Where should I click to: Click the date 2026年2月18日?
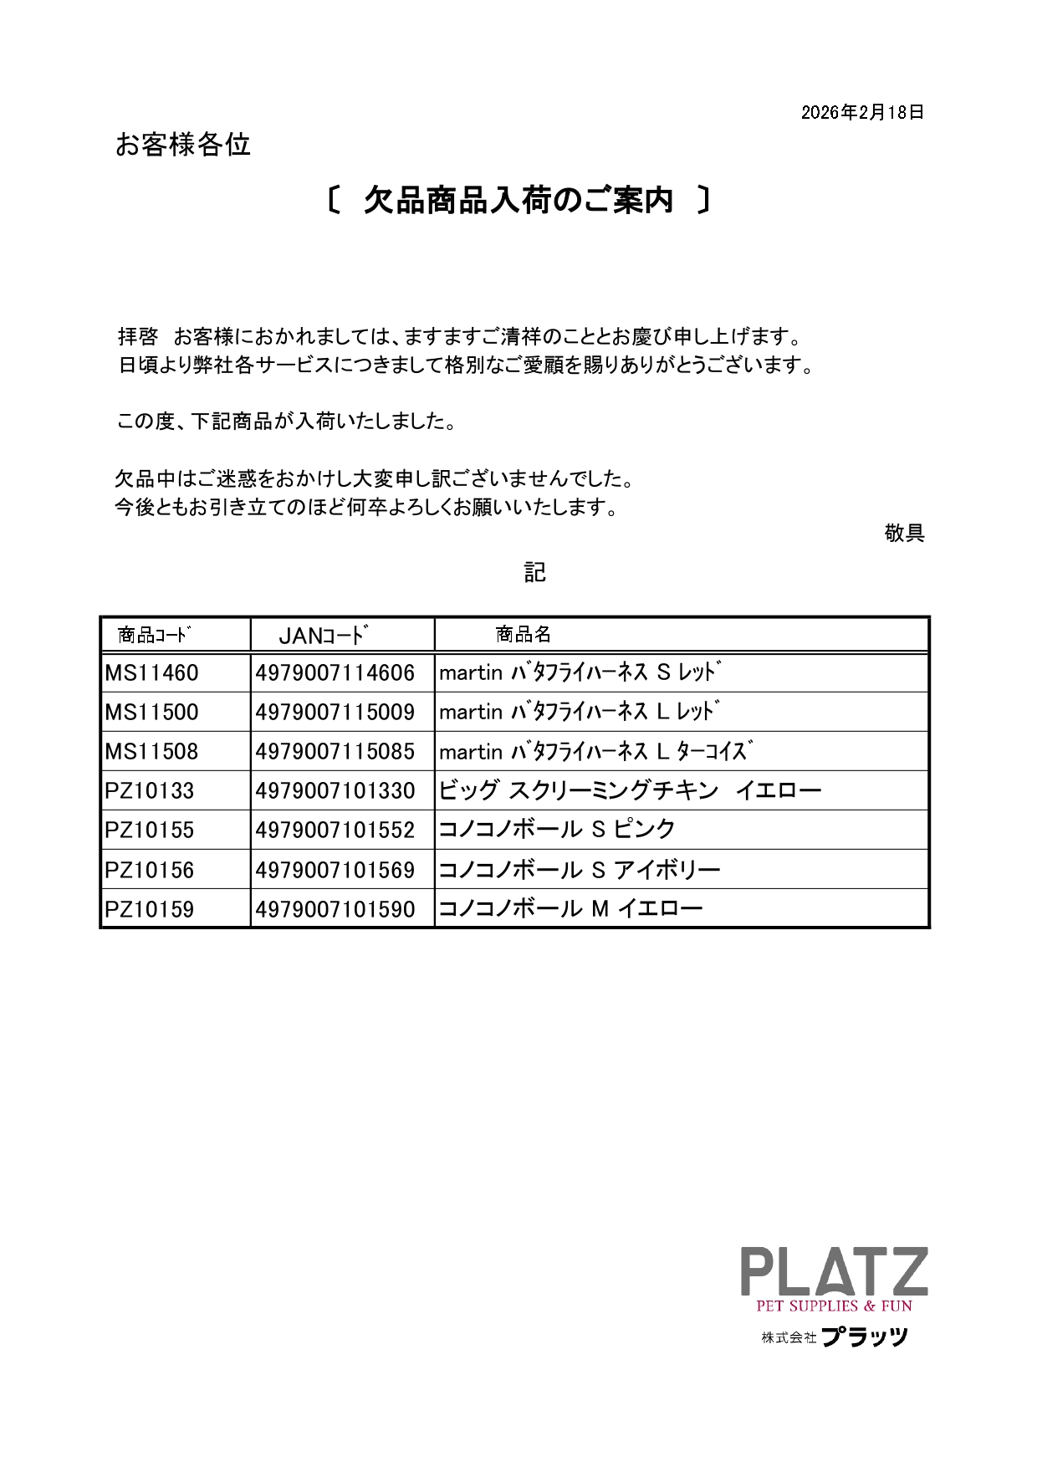[x=862, y=112]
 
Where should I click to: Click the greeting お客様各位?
[x=183, y=145]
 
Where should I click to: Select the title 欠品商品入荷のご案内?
[x=518, y=201]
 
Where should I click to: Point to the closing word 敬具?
[x=904, y=533]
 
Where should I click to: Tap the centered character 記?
[x=534, y=572]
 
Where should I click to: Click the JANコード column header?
[x=324, y=636]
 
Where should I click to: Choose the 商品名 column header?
[x=523, y=635]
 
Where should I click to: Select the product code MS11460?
[x=152, y=673]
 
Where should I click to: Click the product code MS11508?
[x=152, y=752]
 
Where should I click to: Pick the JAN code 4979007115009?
[x=335, y=713]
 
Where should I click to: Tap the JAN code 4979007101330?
[x=335, y=791]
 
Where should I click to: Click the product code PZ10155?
[x=150, y=831]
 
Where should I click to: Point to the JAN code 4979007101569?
[x=335, y=871]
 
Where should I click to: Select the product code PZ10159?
[x=150, y=910]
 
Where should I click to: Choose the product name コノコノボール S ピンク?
[x=557, y=830]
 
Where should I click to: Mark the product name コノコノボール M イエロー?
[x=570, y=909]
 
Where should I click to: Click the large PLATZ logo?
[x=834, y=1272]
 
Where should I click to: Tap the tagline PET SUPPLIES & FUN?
[x=834, y=1306]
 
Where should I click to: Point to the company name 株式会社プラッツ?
[x=834, y=1337]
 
